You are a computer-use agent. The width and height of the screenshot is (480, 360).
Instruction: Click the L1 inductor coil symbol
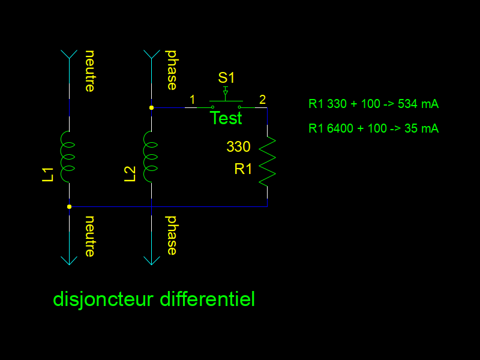coord(68,157)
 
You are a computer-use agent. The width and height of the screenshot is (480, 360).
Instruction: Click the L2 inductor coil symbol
coord(150,157)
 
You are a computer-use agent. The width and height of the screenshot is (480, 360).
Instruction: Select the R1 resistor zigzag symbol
coord(267,161)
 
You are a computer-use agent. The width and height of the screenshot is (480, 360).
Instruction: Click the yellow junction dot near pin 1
coord(151,108)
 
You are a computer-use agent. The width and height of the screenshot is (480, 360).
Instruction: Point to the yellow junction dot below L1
coord(70,206)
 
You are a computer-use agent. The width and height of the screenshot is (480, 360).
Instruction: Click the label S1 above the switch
coord(226,77)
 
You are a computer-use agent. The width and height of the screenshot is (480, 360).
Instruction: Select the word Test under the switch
coord(226,118)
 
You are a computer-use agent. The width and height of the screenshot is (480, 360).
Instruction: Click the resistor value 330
coord(238,146)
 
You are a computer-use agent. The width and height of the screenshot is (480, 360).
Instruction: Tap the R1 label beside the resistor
coord(244,169)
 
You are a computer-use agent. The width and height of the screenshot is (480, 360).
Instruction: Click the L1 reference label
coord(48,174)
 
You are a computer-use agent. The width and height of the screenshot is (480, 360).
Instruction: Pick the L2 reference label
coord(130,174)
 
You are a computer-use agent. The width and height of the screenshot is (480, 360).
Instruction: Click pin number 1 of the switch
coord(192,99)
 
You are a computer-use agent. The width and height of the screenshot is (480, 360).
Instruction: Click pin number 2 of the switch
coord(262,99)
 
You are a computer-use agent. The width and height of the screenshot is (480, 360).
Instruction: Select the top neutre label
coord(90,71)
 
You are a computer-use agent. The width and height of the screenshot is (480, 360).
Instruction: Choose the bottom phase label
coord(172,235)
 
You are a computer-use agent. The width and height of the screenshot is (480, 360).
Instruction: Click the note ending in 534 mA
coord(373,104)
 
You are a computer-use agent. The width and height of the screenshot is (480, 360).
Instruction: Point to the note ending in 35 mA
coord(373,128)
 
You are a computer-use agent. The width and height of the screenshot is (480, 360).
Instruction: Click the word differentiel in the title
coord(208,299)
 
